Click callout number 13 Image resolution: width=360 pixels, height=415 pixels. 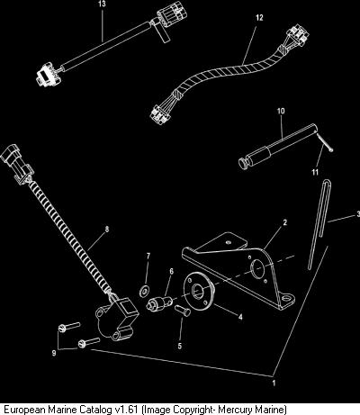102,5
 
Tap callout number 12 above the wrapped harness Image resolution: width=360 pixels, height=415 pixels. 259,18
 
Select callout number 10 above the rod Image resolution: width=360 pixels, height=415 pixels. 281,111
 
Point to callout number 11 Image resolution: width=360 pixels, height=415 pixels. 315,172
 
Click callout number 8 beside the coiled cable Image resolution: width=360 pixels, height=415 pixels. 107,230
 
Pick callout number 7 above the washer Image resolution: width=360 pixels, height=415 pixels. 148,256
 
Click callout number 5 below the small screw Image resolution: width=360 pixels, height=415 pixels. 180,346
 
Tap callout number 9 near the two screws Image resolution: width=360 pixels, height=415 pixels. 54,353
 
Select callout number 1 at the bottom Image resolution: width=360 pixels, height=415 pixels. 274,383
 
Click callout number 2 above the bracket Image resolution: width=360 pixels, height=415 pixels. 285,222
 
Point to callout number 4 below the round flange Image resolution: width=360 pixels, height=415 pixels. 240,317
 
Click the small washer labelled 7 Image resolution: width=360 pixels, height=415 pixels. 145,291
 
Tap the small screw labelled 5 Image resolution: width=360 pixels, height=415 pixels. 182,311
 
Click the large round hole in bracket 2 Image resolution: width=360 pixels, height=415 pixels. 257,268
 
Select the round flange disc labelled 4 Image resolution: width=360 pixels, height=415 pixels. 198,291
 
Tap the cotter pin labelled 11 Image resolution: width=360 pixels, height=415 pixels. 325,142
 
